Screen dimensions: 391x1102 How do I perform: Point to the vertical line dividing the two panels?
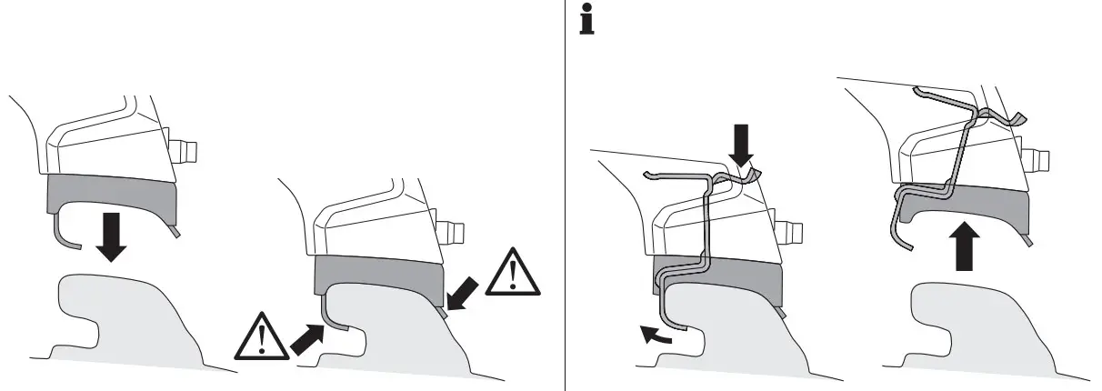click(566, 195)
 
